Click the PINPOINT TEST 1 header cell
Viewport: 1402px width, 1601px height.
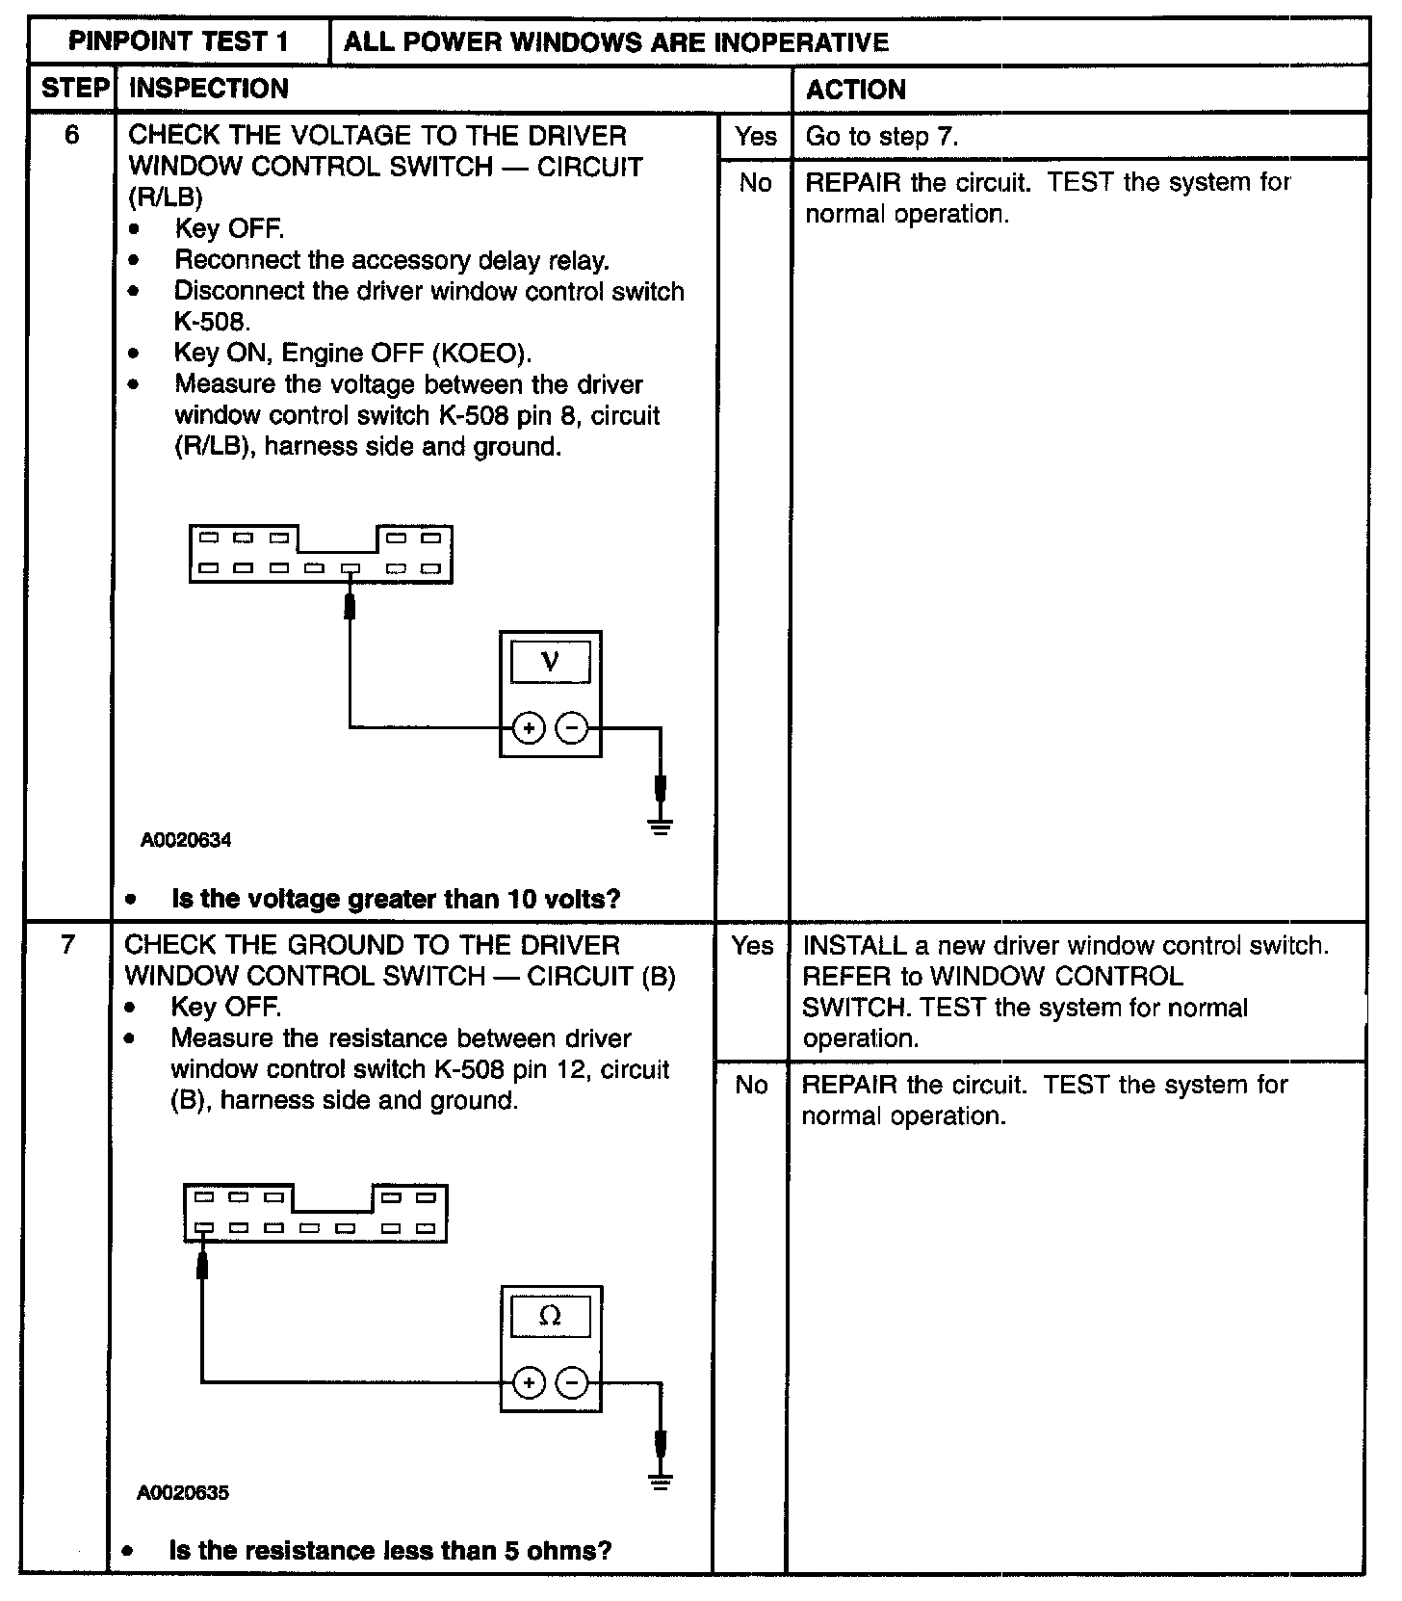(179, 41)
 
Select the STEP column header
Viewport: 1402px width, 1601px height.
(73, 89)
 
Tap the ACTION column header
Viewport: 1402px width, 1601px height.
(855, 90)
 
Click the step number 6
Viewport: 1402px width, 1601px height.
(72, 135)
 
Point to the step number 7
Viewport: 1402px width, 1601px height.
(67, 944)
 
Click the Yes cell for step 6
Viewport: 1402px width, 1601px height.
(755, 136)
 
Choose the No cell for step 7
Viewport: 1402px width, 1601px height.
(751, 1085)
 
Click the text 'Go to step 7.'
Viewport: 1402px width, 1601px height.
(881, 136)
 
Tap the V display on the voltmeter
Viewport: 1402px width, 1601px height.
(550, 661)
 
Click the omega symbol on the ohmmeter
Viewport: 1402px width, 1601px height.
(550, 1316)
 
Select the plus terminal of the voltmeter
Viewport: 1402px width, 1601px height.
(528, 729)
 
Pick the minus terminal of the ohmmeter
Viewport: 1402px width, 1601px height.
(573, 1384)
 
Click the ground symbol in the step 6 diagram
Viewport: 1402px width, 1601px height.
(660, 825)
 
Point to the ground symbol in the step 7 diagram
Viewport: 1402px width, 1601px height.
(660, 1481)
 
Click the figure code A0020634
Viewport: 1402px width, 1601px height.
(186, 840)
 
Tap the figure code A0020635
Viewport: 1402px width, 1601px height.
(183, 1493)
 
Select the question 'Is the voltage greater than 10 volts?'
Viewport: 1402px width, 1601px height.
(396, 899)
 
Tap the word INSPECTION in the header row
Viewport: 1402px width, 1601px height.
(208, 89)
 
